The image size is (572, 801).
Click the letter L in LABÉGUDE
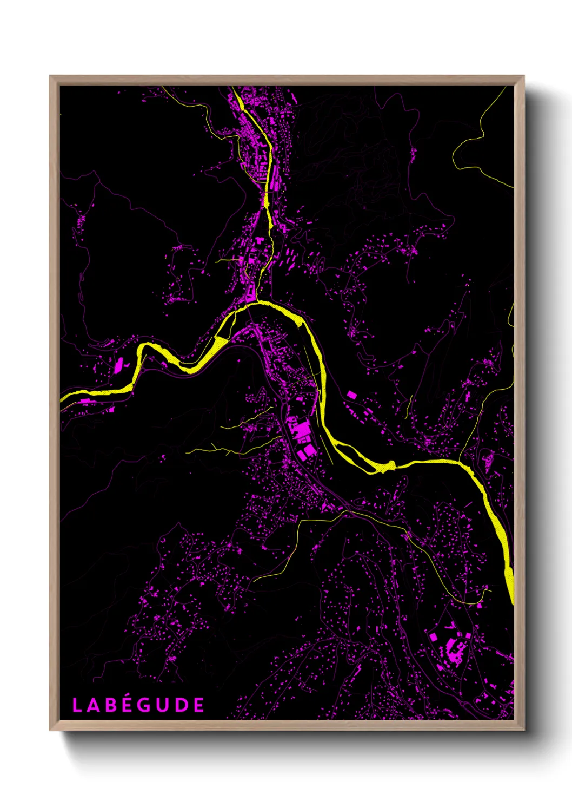click(77, 705)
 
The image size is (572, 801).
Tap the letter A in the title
click(94, 705)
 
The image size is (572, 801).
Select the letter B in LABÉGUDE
click(110, 705)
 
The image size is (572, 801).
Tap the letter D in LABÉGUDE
click(182, 705)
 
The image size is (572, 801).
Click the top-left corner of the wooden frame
click(50, 76)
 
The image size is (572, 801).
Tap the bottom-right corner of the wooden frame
click(523, 730)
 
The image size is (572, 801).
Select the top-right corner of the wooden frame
click(523, 76)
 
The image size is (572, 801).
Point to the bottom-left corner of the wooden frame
click(50, 730)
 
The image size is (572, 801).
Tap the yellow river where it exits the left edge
click(62, 399)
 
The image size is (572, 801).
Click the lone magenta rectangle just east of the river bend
click(351, 395)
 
